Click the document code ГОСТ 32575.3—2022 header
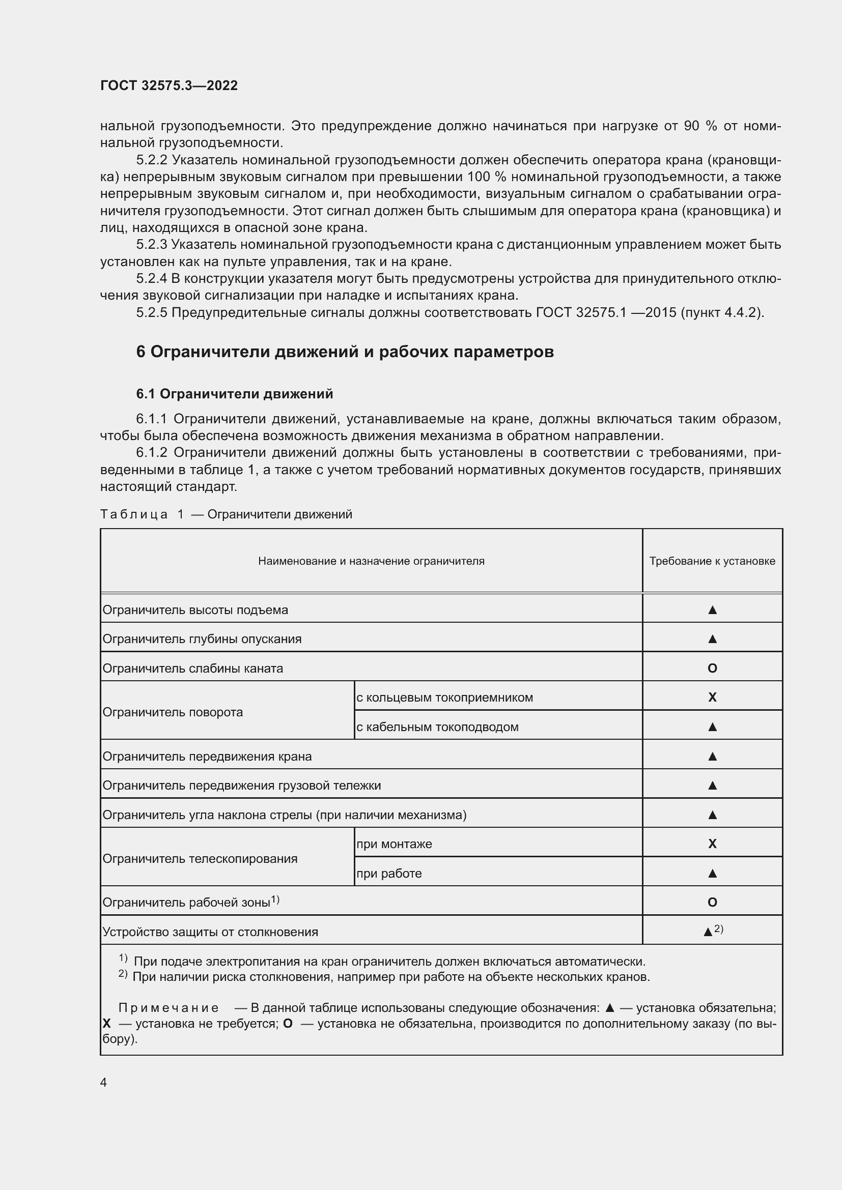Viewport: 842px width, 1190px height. [169, 85]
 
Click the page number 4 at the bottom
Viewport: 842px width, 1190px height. [104, 1082]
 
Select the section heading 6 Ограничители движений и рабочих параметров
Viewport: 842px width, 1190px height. [345, 352]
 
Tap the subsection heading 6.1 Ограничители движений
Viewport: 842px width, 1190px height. [234, 394]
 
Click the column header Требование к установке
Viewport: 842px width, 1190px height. [712, 561]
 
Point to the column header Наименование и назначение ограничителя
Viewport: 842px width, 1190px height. [371, 561]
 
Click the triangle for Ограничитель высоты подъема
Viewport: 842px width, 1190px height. [712, 610]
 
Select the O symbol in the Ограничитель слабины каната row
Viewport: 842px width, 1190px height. [712, 668]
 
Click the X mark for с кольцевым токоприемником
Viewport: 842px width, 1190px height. [712, 697]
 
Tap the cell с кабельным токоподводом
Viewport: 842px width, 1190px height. [437, 727]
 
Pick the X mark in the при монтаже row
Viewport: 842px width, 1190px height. [712, 844]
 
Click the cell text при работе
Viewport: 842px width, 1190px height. [389, 874]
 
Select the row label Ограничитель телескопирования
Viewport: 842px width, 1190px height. [200, 859]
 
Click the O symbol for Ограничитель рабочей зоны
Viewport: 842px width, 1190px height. [712, 903]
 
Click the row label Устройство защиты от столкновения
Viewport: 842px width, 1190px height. [210, 932]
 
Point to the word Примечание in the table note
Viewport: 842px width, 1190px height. [169, 1008]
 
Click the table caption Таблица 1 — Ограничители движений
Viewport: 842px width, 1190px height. [226, 514]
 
